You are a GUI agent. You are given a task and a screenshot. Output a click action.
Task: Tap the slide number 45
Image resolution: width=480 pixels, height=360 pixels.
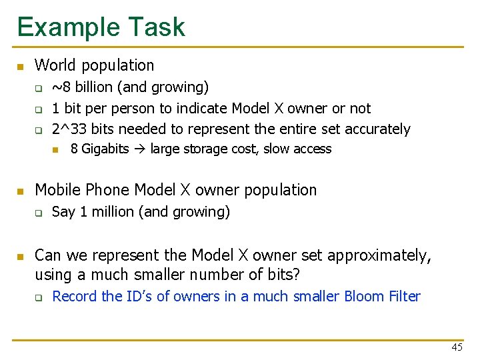pyautogui.click(x=457, y=347)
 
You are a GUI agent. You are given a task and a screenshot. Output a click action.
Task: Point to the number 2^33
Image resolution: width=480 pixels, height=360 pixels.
pyautogui.click(x=67, y=129)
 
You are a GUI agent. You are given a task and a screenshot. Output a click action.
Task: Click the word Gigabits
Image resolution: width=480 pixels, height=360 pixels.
pyautogui.click(x=105, y=149)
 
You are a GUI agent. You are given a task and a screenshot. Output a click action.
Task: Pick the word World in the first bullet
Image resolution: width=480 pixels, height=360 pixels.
pyautogui.click(x=54, y=65)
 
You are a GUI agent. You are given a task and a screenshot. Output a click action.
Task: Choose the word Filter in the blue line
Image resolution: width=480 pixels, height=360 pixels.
pyautogui.click(x=403, y=296)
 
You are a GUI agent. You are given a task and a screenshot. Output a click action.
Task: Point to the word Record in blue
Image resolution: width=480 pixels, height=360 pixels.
pyautogui.click(x=75, y=296)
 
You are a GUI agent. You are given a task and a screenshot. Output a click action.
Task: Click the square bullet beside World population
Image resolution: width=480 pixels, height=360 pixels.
pyautogui.click(x=20, y=66)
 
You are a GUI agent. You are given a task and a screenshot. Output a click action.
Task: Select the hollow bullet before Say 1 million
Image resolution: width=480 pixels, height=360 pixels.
pyautogui.click(x=39, y=213)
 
